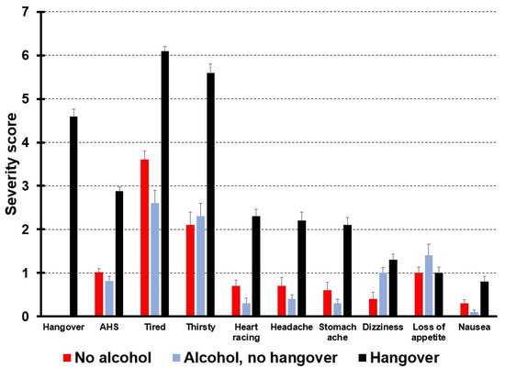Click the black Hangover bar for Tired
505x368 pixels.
[164, 184]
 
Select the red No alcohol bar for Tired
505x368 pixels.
[144, 238]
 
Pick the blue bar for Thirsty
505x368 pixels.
[200, 266]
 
